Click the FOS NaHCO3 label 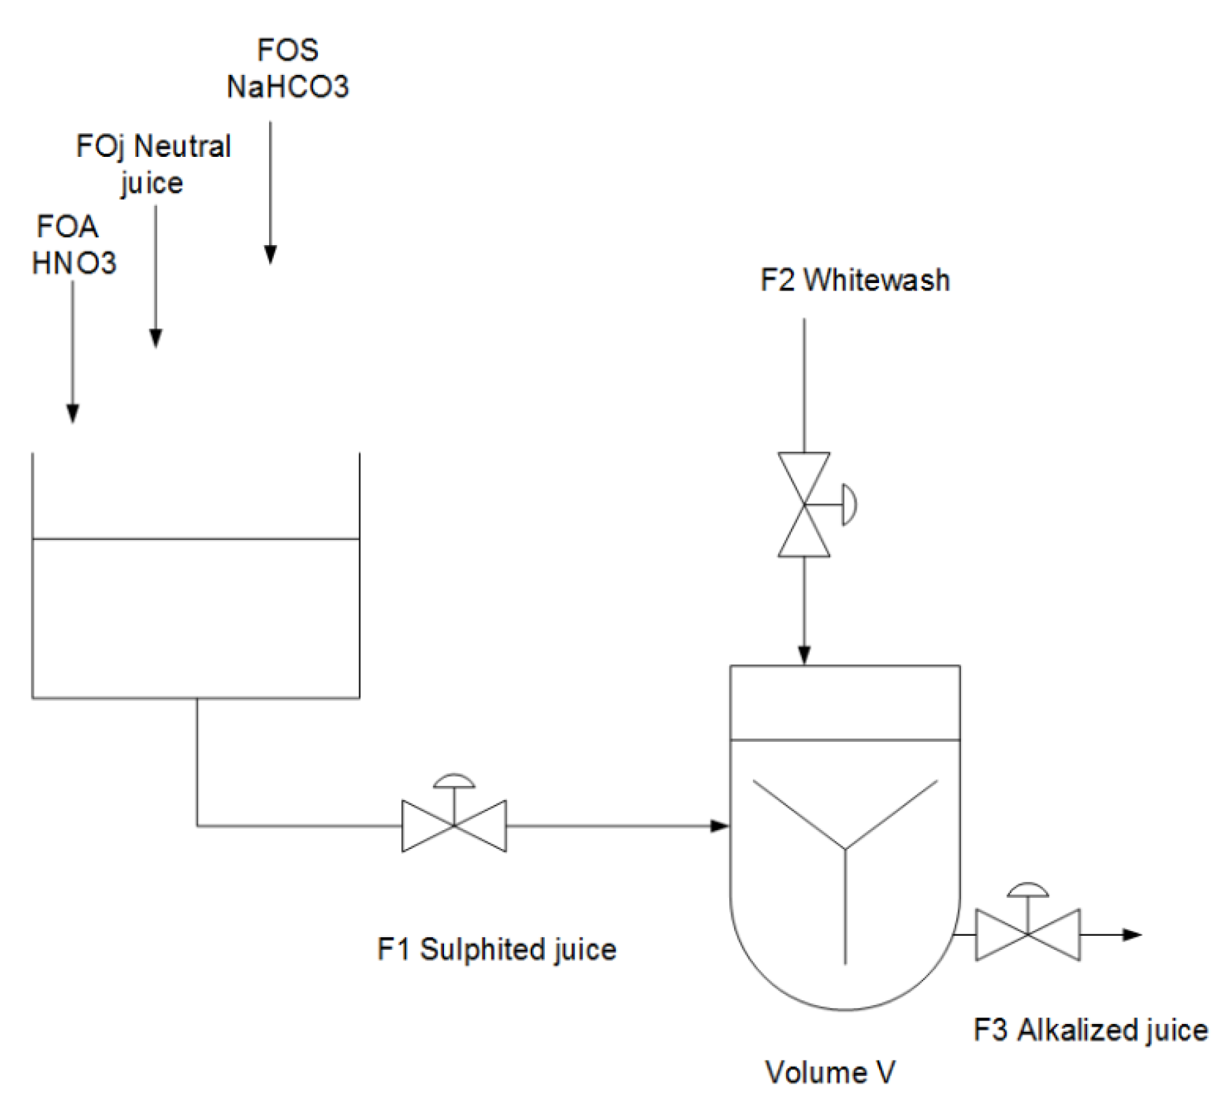point(287,69)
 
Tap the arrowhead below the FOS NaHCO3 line point(270,254)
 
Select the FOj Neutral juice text point(153,164)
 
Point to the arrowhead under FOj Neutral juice point(156,338)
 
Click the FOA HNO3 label point(73,244)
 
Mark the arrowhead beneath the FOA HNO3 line point(73,413)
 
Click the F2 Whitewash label point(855,280)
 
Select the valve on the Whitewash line point(804,504)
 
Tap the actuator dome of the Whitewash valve point(849,504)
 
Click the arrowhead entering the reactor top point(804,656)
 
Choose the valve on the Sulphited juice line point(454,826)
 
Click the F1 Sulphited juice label point(497,949)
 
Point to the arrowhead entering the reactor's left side point(720,826)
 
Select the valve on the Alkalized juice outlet point(1028,934)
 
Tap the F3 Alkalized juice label point(1091,1030)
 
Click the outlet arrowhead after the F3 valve point(1133,934)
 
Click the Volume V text point(830,1072)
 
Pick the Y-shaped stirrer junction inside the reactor point(845,850)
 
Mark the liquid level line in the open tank point(196,539)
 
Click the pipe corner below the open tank point(198,826)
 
